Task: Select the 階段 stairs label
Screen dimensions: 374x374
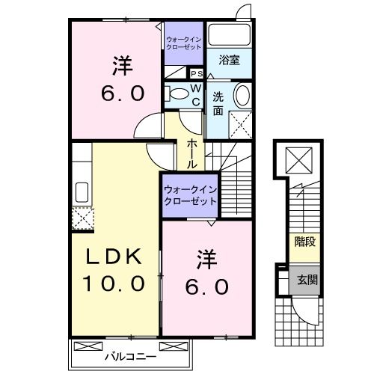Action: [x=305, y=241]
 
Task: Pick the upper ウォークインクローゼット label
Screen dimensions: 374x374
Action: [x=184, y=42]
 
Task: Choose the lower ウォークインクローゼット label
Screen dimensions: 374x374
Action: [x=190, y=196]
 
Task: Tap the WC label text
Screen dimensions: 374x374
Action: [x=194, y=95]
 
